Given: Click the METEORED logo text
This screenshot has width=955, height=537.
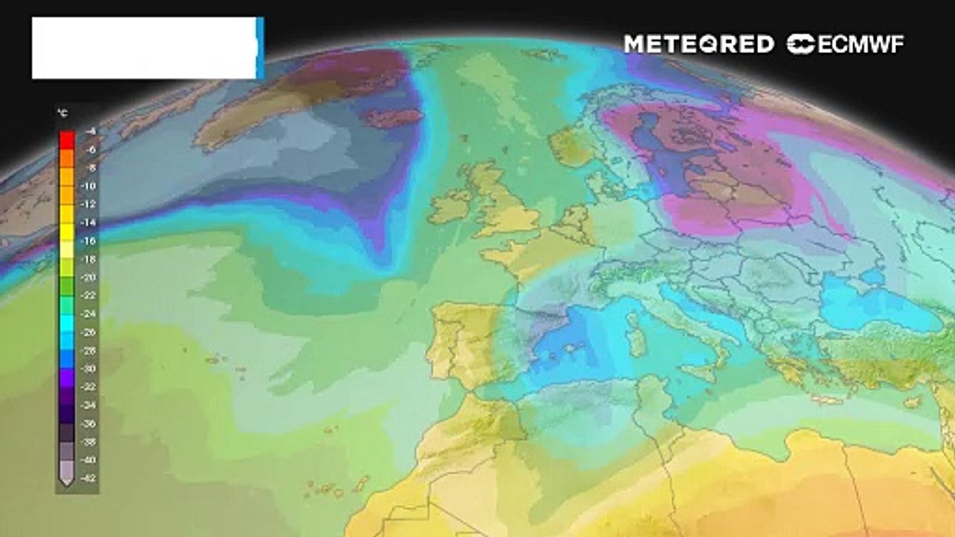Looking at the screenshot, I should (x=698, y=44).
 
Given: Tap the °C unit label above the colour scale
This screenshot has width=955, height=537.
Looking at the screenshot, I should (x=63, y=114).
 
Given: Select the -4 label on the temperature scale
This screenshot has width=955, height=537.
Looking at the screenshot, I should (x=90, y=132).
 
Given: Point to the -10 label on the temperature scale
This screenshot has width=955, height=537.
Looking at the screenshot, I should (x=90, y=186).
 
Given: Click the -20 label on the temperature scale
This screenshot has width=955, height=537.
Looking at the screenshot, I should (x=90, y=277).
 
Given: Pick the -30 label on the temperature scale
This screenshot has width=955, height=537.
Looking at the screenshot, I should (x=90, y=368).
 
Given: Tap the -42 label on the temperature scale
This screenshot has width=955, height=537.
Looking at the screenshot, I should (x=90, y=477).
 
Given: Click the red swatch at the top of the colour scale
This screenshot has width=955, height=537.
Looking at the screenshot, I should (x=66, y=139).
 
